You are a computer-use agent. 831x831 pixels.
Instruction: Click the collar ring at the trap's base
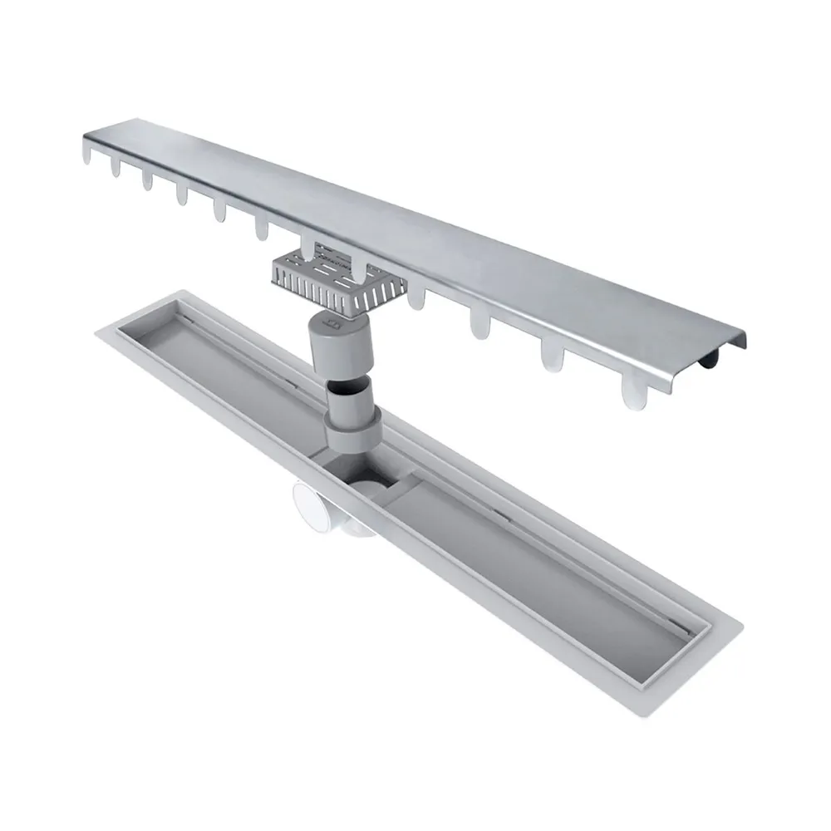click(356, 437)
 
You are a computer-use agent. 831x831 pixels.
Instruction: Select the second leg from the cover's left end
click(115, 165)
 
